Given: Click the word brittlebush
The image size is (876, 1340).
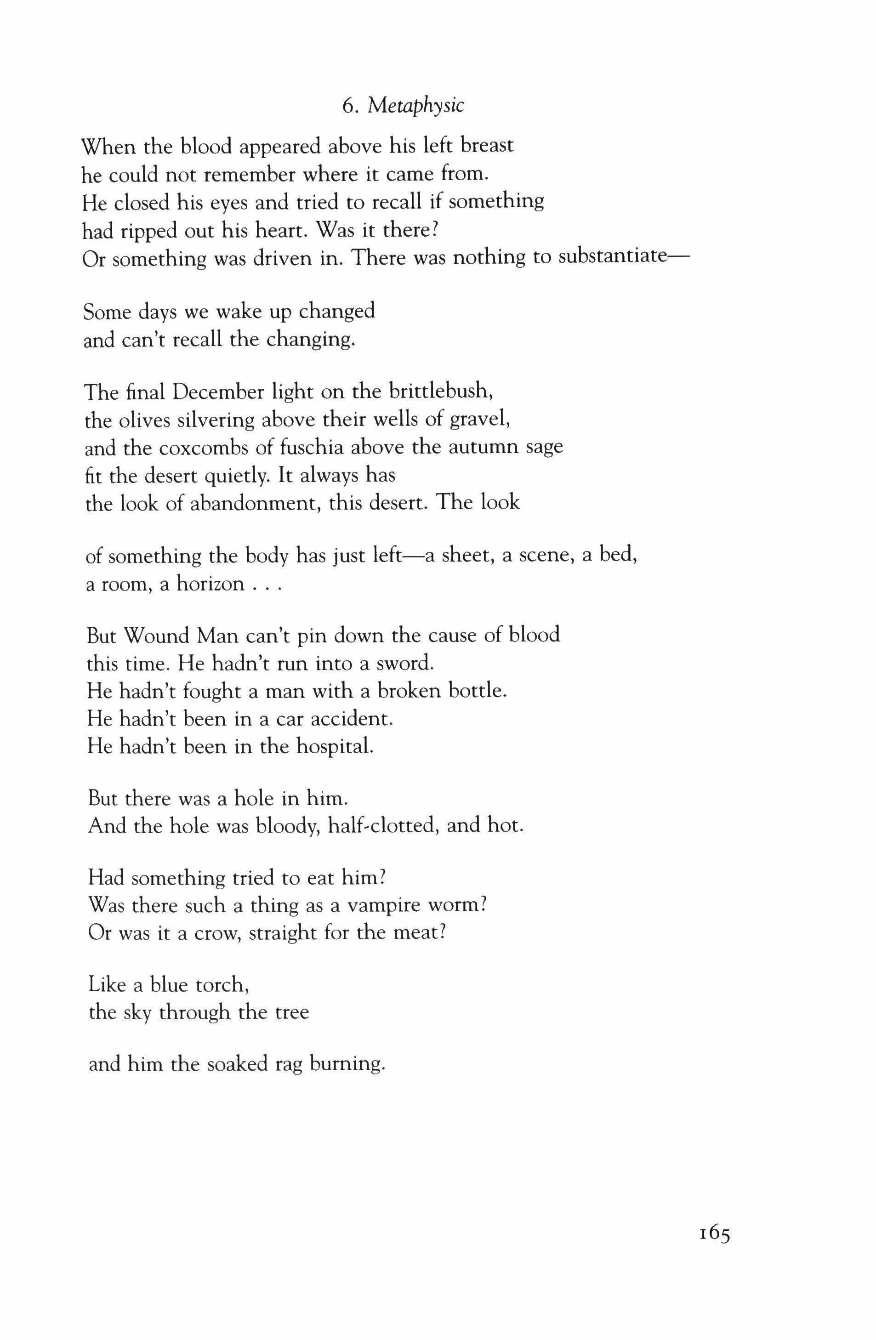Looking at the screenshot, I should click(x=440, y=390).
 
